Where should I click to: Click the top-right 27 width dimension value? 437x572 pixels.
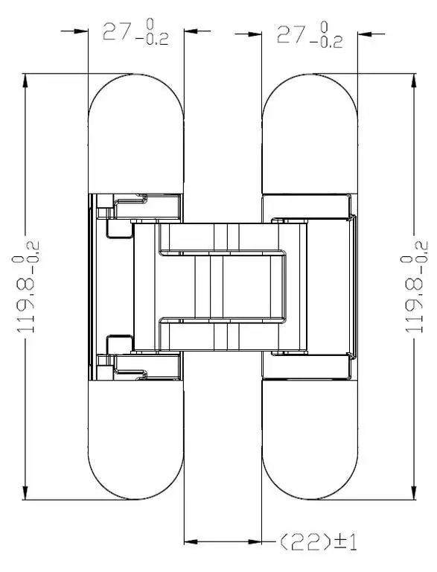point(290,34)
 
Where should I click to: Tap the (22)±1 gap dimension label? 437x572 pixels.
point(318,542)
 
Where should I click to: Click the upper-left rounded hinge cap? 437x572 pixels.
point(135,133)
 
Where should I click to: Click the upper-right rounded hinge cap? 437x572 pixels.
point(310,133)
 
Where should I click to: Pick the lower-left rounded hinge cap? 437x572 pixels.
point(135,440)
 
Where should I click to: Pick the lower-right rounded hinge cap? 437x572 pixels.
point(310,440)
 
